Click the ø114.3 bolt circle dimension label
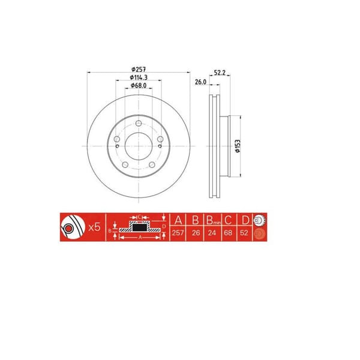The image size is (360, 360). [x=139, y=78]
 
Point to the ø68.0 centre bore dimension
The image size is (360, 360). [x=139, y=87]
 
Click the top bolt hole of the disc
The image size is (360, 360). [x=138, y=124]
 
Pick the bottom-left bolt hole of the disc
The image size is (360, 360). [x=125, y=166]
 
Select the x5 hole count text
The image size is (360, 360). [x=93, y=227]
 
